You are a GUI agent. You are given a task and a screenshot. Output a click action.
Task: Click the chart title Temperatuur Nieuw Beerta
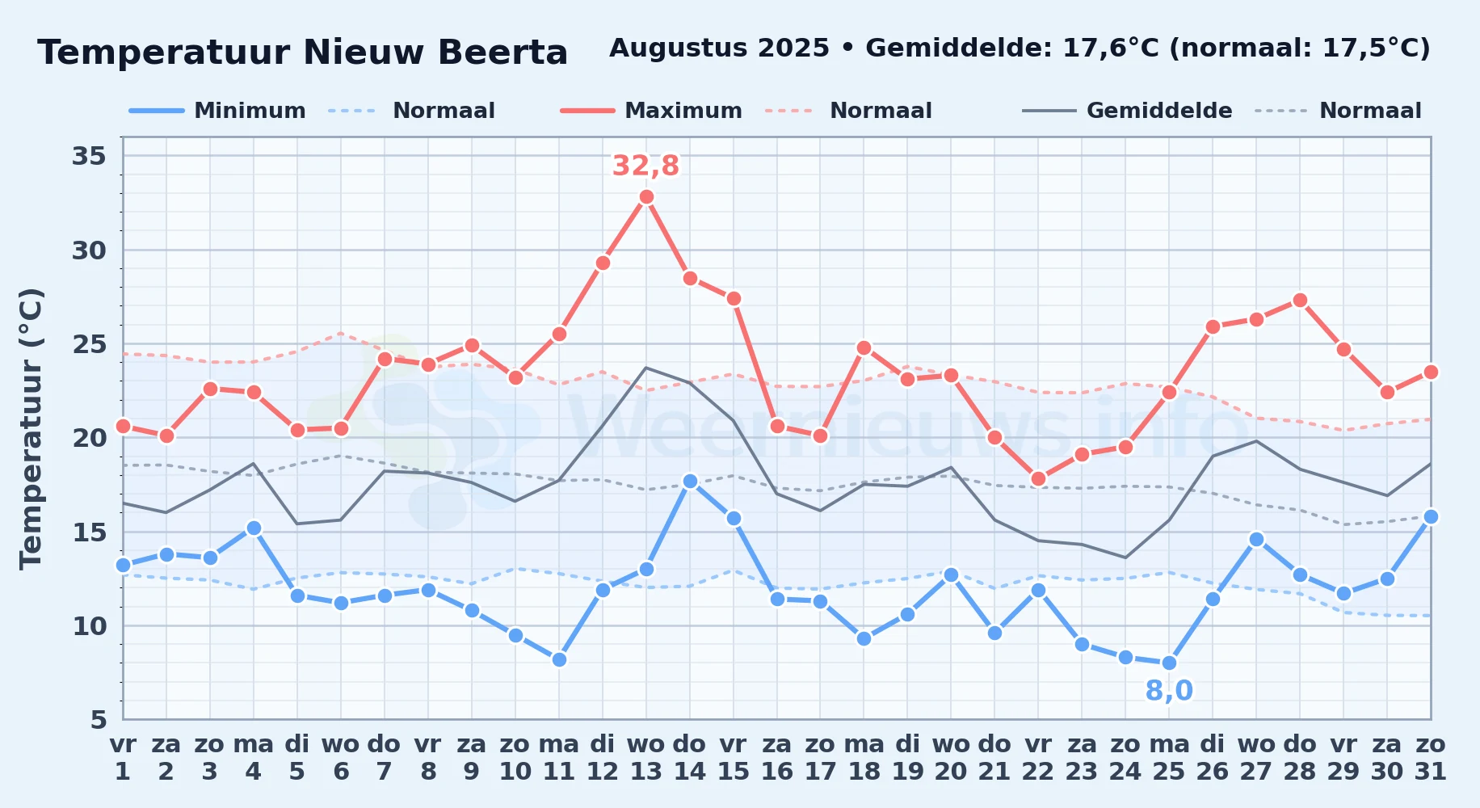click(303, 53)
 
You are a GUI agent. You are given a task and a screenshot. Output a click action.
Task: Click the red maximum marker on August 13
click(646, 196)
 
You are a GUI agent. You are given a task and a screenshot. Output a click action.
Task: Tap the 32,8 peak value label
click(645, 166)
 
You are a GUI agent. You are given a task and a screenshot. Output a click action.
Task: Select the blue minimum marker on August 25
click(1169, 663)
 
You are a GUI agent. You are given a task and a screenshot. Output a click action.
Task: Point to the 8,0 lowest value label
click(1169, 691)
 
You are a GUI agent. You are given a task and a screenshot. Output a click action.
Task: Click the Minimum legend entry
click(217, 111)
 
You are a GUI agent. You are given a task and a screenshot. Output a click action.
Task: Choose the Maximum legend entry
click(651, 111)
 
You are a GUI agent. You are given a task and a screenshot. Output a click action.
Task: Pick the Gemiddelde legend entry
click(1128, 111)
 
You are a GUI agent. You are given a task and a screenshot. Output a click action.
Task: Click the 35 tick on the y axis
click(90, 155)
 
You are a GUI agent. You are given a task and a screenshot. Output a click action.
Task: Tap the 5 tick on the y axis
click(98, 719)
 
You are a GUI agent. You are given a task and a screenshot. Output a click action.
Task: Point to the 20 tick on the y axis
click(90, 437)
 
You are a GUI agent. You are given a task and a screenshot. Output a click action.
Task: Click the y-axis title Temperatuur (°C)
click(31, 428)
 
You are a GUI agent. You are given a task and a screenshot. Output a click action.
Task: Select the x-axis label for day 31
click(1431, 758)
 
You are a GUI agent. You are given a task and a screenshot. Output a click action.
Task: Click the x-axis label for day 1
click(123, 758)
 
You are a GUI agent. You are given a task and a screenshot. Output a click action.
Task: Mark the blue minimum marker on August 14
click(690, 481)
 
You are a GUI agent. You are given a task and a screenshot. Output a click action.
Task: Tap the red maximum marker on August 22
click(1038, 479)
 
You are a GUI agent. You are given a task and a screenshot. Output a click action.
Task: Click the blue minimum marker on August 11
click(559, 659)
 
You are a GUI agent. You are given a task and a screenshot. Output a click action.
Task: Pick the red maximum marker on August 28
click(1300, 300)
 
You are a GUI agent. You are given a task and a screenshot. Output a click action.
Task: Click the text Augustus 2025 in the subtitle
click(719, 48)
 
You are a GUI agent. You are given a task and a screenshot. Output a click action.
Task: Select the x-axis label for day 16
click(777, 758)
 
